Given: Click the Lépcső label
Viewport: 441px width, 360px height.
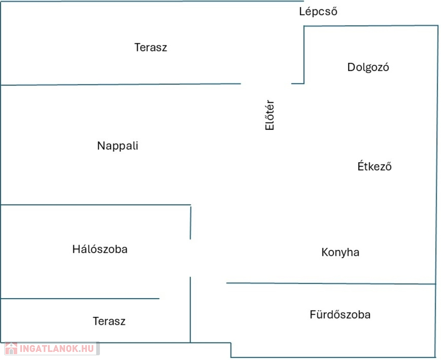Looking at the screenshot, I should click(x=318, y=12).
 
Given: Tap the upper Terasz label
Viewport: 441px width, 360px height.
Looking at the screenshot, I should click(x=151, y=47).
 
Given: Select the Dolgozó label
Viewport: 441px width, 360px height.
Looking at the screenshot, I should click(x=368, y=67).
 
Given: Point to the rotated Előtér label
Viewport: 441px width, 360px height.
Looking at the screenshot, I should click(x=269, y=115).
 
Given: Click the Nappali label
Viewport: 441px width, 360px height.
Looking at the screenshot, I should click(x=118, y=146).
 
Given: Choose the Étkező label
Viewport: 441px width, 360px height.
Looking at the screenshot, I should click(x=374, y=166).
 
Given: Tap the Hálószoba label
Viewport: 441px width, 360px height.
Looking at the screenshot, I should click(x=99, y=249).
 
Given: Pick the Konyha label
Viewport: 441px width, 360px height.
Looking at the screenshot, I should click(x=340, y=252).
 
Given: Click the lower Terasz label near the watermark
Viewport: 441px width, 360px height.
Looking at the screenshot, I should click(x=109, y=322).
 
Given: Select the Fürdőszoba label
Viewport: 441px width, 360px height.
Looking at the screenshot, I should click(x=340, y=315).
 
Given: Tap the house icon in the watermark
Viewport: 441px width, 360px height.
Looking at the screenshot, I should click(x=11, y=348).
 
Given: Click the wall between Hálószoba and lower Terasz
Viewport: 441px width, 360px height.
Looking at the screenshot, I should click(x=80, y=298).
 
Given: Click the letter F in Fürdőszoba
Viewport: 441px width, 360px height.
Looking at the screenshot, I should click(x=312, y=315).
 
